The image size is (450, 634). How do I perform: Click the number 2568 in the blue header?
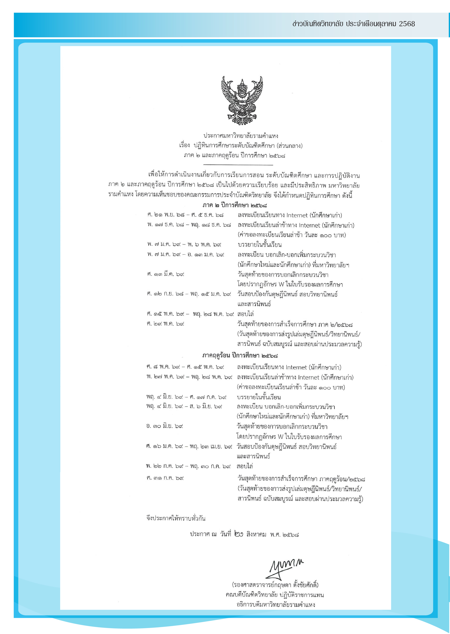407,24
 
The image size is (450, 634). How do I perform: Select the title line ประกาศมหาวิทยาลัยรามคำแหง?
241,136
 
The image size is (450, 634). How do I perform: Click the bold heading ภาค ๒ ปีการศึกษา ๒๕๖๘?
234,205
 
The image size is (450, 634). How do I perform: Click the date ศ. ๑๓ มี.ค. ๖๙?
165,274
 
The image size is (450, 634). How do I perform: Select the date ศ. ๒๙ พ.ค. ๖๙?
165,324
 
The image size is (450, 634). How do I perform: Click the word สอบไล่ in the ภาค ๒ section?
246,314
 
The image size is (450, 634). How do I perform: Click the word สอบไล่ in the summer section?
245,466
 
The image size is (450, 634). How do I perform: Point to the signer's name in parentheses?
275,585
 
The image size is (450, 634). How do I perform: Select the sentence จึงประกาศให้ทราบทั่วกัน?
176,518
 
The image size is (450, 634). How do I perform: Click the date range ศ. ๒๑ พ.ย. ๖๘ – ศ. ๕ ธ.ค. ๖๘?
185,215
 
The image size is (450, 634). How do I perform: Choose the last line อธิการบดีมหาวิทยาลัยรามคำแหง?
276,605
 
